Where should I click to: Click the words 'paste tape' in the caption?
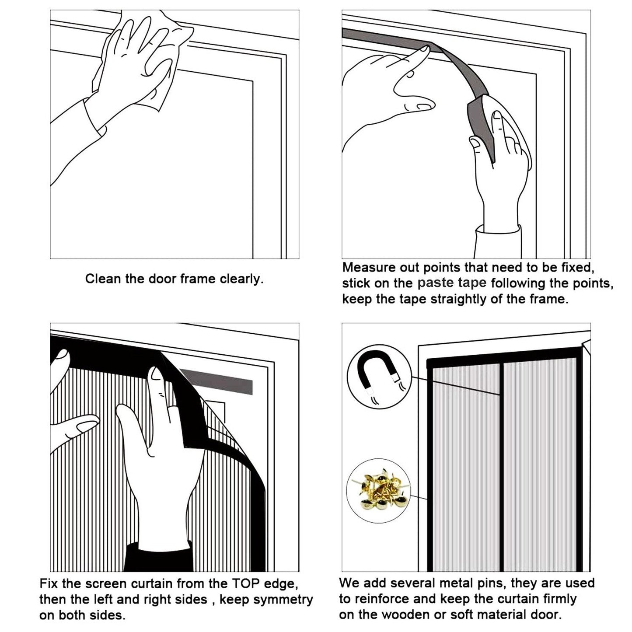(451, 283)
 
